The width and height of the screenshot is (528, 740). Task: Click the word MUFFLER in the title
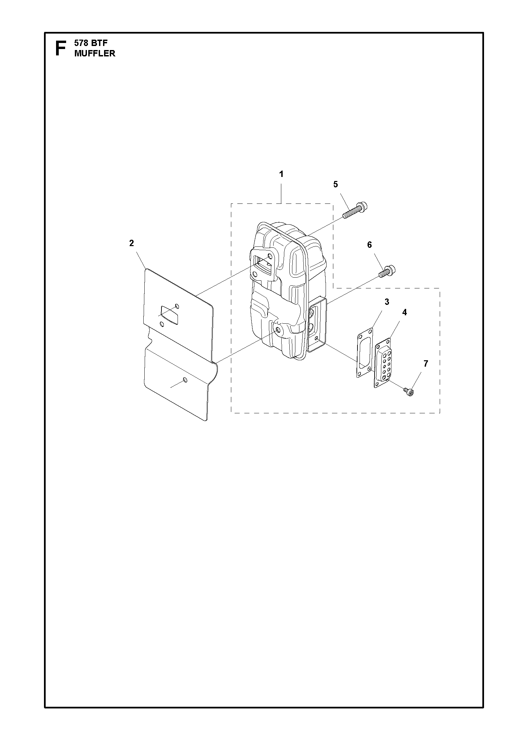point(95,53)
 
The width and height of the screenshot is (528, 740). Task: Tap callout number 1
point(281,174)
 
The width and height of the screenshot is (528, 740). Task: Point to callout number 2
point(132,243)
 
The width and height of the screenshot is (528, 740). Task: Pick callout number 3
point(387,302)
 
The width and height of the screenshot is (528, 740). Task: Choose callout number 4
point(404,312)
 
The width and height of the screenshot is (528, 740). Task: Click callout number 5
point(336,184)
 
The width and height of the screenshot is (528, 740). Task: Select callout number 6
point(370,245)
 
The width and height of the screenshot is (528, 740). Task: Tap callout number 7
point(426,364)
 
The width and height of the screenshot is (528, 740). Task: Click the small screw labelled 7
point(409,391)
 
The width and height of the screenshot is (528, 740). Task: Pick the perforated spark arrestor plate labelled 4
point(383,363)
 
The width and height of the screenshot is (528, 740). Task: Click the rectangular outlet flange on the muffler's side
point(317,324)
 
